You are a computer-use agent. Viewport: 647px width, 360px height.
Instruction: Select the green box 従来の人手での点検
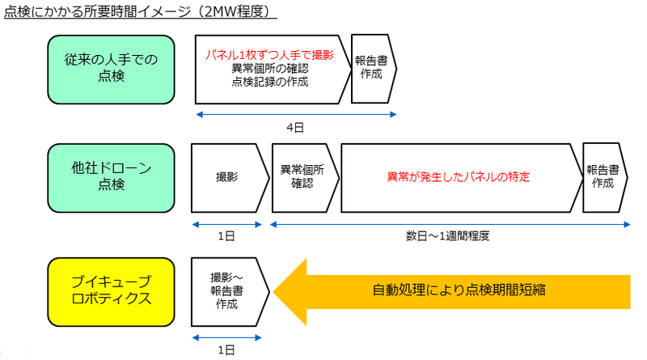pos(111,69)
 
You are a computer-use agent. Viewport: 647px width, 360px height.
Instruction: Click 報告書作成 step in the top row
pos(372,69)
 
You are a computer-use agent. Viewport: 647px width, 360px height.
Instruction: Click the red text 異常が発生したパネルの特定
pos(463,176)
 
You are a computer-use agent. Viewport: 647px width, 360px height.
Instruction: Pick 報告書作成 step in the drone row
pos(603,177)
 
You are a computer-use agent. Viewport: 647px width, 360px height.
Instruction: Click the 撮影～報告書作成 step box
pos(227,289)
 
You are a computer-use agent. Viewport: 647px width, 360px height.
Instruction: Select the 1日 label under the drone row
pos(226,236)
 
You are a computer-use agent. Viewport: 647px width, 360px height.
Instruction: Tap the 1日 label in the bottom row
pos(226,349)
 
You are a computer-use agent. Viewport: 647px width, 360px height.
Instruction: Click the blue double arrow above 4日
pos(296,116)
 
